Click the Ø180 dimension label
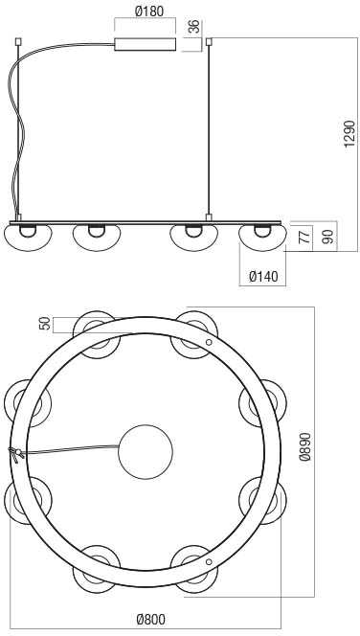[x=148, y=11]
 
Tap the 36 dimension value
[x=195, y=27]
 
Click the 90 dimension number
[x=329, y=236]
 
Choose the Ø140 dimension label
[x=264, y=277]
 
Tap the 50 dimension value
[x=46, y=324]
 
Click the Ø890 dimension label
[x=304, y=447]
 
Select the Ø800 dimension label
[x=151, y=620]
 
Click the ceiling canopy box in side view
[x=146, y=44]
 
